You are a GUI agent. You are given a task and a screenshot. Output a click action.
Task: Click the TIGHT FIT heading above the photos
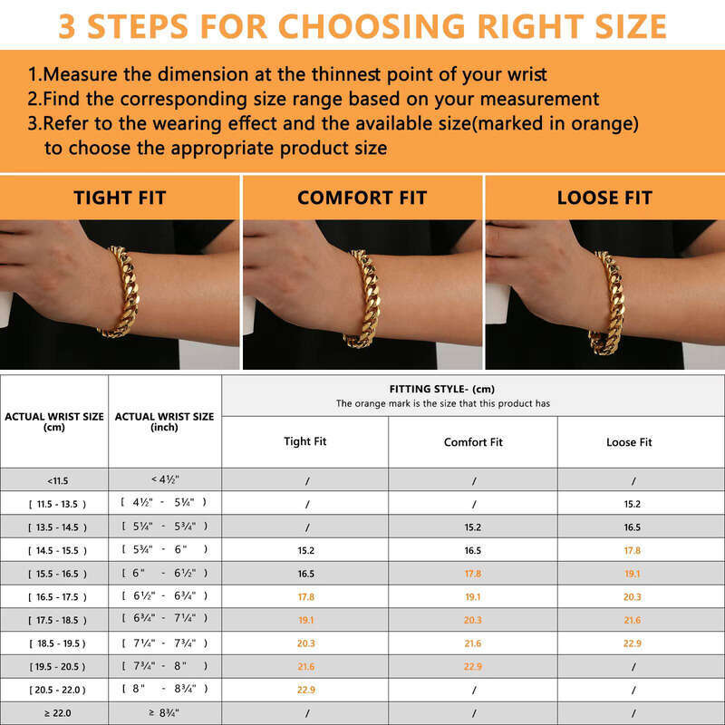(120, 198)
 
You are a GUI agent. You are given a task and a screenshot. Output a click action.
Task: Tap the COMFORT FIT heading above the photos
(362, 198)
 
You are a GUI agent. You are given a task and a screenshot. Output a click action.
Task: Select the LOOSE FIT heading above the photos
(604, 198)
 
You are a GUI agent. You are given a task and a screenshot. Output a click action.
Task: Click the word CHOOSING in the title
(372, 26)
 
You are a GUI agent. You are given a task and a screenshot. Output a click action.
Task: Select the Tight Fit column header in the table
(305, 441)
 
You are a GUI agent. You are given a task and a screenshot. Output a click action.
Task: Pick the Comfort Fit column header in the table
(473, 442)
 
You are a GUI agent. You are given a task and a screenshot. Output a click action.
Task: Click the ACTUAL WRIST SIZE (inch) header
(165, 421)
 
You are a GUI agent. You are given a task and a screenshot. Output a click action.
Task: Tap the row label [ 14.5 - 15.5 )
(58, 550)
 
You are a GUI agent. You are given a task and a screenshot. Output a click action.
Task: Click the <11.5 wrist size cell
(58, 481)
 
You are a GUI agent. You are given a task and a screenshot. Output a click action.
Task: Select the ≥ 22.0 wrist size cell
(58, 713)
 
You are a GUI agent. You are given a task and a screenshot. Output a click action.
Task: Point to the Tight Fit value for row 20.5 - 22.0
(306, 690)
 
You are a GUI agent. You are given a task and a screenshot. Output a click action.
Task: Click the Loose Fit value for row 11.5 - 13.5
(632, 504)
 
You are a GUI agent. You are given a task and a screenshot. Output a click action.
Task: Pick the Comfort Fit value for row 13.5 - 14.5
(473, 527)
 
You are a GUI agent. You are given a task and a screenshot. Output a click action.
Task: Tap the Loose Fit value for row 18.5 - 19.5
(632, 643)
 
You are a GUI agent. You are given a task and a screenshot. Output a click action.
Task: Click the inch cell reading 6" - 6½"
(165, 574)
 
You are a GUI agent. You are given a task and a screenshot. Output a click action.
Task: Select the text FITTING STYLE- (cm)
(442, 389)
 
